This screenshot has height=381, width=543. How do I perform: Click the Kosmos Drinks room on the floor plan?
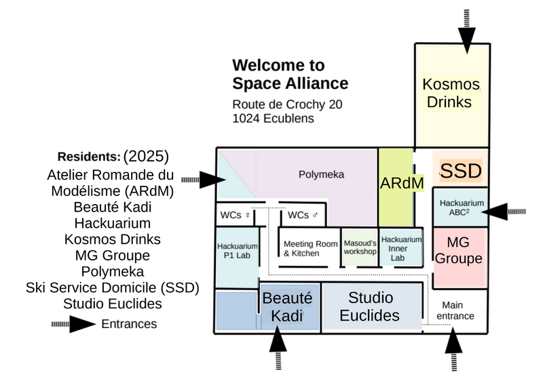[451, 94]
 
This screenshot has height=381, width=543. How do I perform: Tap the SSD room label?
[461, 171]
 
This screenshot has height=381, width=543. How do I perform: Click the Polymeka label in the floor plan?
[321, 174]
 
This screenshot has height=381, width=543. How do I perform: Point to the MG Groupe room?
[458, 251]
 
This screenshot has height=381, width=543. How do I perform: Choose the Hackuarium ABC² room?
[461, 206]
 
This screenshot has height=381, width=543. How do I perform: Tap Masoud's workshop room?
[359, 247]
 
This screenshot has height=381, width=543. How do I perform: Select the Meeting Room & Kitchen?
[310, 248]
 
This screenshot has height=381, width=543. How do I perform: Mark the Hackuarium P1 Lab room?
[237, 251]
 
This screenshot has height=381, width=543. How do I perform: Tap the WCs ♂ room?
[303, 215]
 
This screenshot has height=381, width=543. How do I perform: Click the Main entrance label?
[455, 310]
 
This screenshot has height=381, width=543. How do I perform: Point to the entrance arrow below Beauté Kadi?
[278, 347]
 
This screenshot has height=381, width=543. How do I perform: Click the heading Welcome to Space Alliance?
[290, 75]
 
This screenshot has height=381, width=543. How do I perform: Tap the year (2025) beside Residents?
[146, 155]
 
